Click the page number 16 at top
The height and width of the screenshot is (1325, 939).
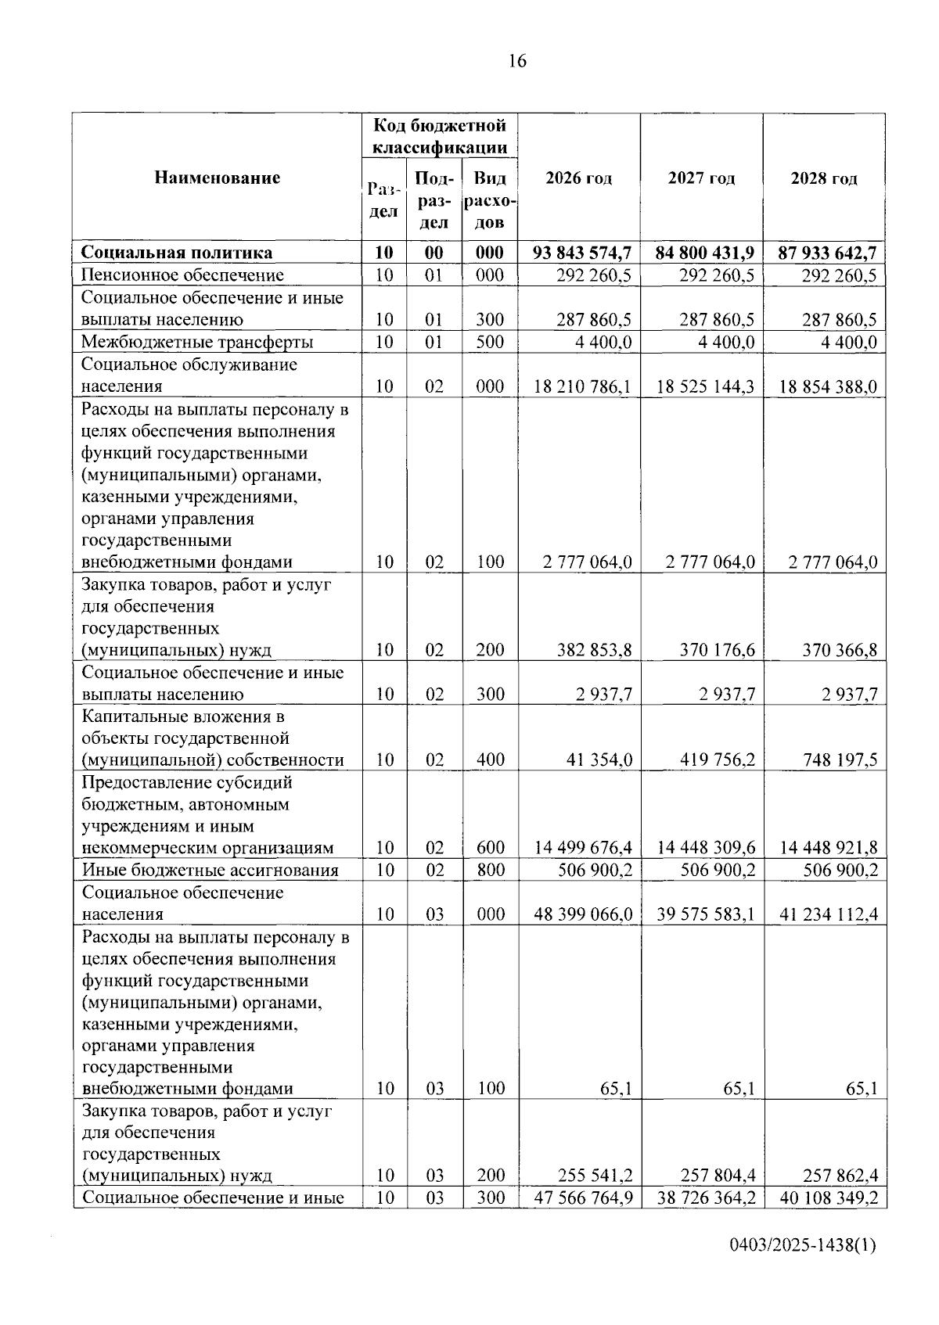click(517, 61)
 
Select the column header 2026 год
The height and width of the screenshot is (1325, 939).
click(578, 178)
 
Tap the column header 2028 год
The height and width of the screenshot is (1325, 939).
click(823, 178)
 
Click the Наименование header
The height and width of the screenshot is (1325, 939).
click(217, 178)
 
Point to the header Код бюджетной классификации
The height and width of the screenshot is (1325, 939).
click(439, 136)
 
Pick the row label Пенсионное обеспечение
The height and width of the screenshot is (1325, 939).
click(182, 275)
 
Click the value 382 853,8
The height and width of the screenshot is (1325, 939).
click(594, 649)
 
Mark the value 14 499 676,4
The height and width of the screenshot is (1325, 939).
click(583, 847)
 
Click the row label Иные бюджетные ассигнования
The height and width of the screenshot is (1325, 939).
click(210, 870)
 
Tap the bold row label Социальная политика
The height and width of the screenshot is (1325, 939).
click(177, 253)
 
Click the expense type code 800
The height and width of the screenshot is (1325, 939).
click(490, 870)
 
